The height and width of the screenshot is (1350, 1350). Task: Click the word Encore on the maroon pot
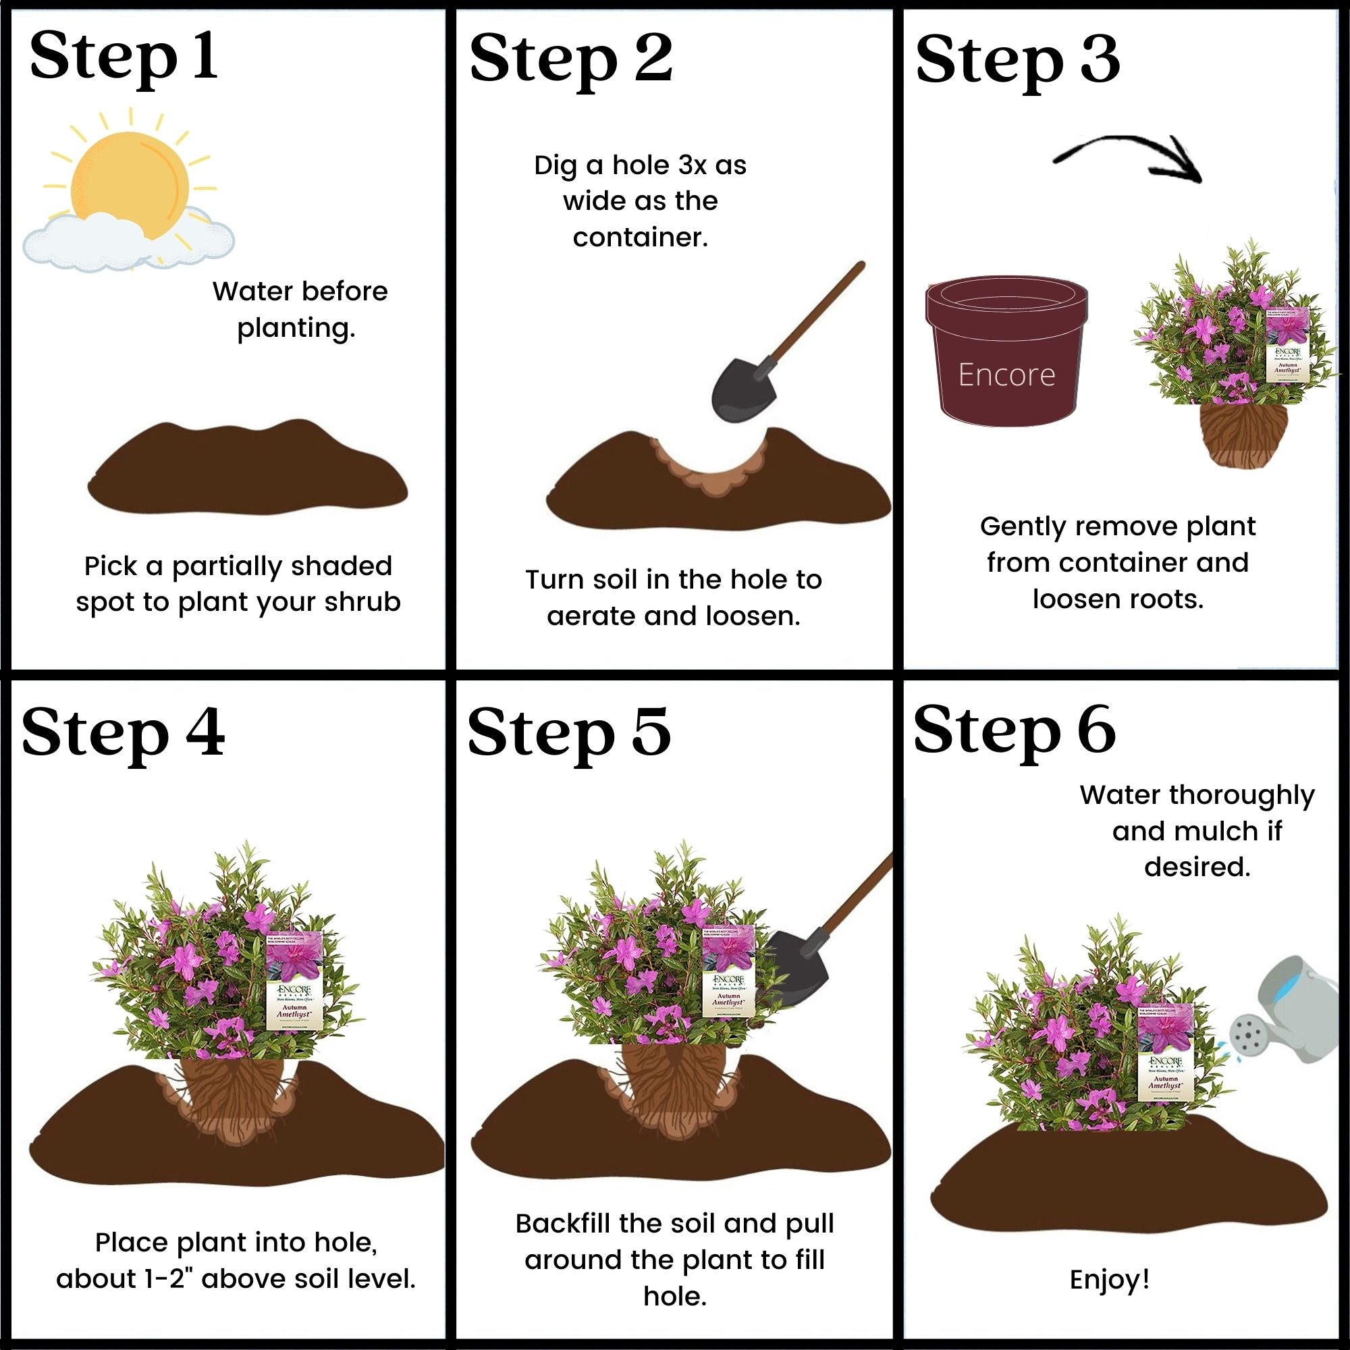pos(1006,375)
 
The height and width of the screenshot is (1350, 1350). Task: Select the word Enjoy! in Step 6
pos(1110,1279)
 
